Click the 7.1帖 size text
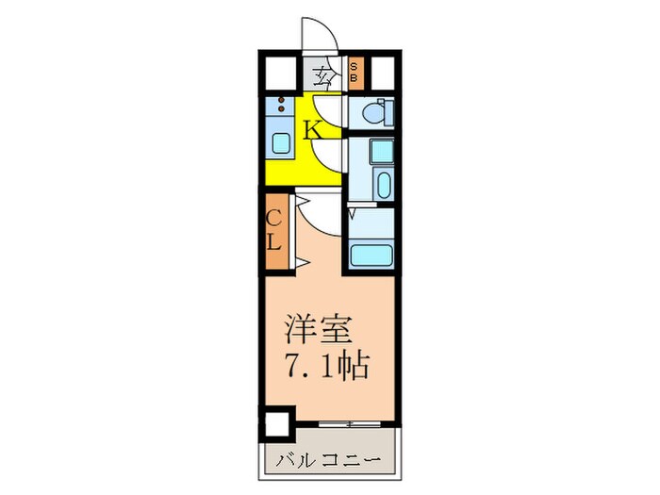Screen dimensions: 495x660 pyautogui.click(x=326, y=364)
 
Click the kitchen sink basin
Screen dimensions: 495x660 pyautogui.click(x=281, y=143)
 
